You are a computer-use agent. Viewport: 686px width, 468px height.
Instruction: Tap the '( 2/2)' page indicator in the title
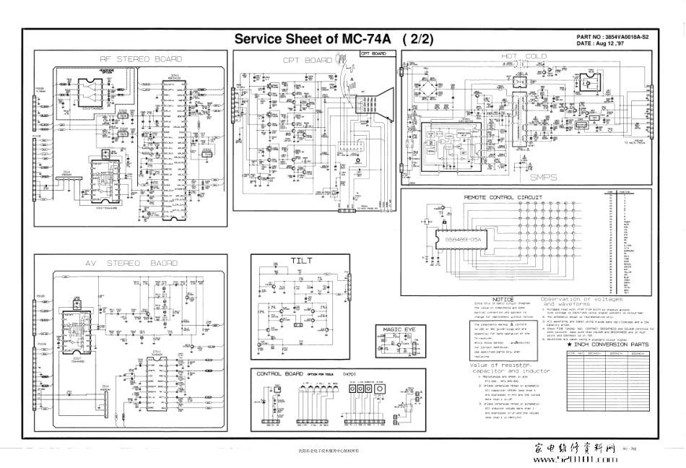[x=418, y=40]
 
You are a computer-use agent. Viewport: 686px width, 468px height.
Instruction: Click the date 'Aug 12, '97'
[x=609, y=43]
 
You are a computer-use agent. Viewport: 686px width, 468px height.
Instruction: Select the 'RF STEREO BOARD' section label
[x=131, y=59]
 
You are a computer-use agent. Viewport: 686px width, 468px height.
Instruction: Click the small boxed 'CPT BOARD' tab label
[x=373, y=54]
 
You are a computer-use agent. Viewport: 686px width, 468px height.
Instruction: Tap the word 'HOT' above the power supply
[x=511, y=56]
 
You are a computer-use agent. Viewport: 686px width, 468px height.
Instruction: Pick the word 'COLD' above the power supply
[x=536, y=56]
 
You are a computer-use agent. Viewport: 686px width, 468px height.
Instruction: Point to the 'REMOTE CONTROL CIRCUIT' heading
[x=505, y=196]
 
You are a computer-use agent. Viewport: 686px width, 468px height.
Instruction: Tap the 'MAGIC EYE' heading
[x=399, y=329]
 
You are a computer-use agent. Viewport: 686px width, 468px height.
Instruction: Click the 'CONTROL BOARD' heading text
[x=279, y=373]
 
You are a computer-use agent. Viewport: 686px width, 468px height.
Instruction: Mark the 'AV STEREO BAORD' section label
[x=132, y=264]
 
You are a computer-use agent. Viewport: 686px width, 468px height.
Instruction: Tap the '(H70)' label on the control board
[x=349, y=373]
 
